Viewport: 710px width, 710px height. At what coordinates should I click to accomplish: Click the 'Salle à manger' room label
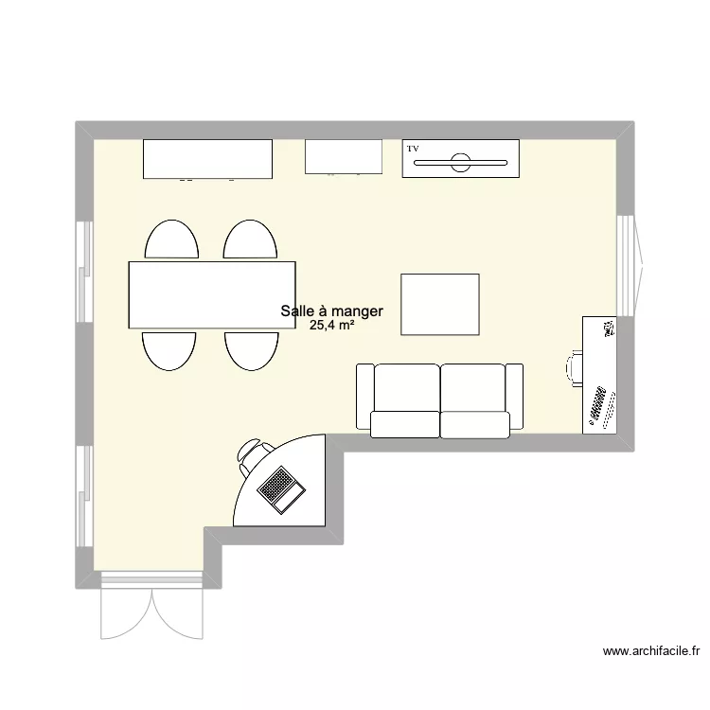point(332,311)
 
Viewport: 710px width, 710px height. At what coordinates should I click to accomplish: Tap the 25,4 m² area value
point(332,325)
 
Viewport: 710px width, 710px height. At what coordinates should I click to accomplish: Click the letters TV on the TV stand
point(413,149)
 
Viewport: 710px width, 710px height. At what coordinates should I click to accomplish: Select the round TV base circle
point(460,163)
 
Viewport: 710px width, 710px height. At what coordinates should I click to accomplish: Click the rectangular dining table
point(212,294)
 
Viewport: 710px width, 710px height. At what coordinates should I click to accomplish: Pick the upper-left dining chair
point(171,240)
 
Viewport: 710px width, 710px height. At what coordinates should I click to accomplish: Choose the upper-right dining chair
point(250,240)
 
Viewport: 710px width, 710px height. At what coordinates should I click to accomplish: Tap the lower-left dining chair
point(169,351)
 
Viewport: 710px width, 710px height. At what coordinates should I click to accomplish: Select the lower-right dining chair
point(251,351)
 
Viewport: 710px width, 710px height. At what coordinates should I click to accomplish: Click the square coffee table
point(440,304)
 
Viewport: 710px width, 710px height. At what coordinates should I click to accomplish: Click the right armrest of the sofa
point(514,397)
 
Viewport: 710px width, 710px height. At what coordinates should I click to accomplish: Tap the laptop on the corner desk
point(281,489)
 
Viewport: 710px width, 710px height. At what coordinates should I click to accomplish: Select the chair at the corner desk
point(252,455)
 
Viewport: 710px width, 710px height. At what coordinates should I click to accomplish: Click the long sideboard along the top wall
point(208,159)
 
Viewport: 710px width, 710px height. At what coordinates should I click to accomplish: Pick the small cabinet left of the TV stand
point(344,156)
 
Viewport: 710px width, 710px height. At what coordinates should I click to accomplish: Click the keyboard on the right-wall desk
point(596,403)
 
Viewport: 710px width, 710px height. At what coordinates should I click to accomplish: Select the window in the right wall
point(630,265)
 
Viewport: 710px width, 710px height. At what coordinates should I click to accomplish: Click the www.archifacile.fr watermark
point(651,651)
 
